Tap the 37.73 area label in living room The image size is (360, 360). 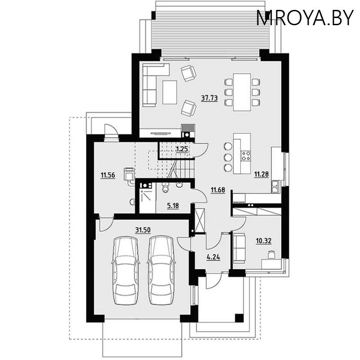coord(209,99)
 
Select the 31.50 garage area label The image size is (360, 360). coord(143,229)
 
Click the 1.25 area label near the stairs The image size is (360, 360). coord(181,148)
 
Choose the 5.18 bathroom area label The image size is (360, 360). coord(173,206)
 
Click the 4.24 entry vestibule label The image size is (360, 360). coord(213,258)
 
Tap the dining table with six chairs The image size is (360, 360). coord(242,92)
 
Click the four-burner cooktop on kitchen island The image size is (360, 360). coord(246,156)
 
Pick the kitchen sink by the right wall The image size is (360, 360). coord(274,184)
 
